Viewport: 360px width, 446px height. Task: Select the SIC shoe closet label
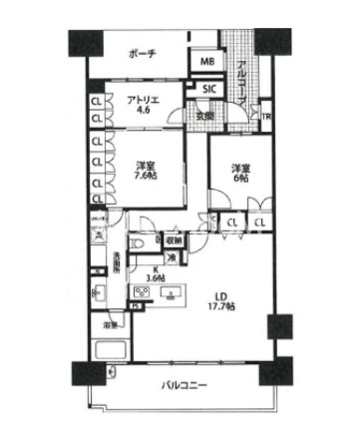click(209, 90)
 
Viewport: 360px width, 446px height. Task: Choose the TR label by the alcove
click(265, 118)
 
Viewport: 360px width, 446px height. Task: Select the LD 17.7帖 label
click(222, 300)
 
